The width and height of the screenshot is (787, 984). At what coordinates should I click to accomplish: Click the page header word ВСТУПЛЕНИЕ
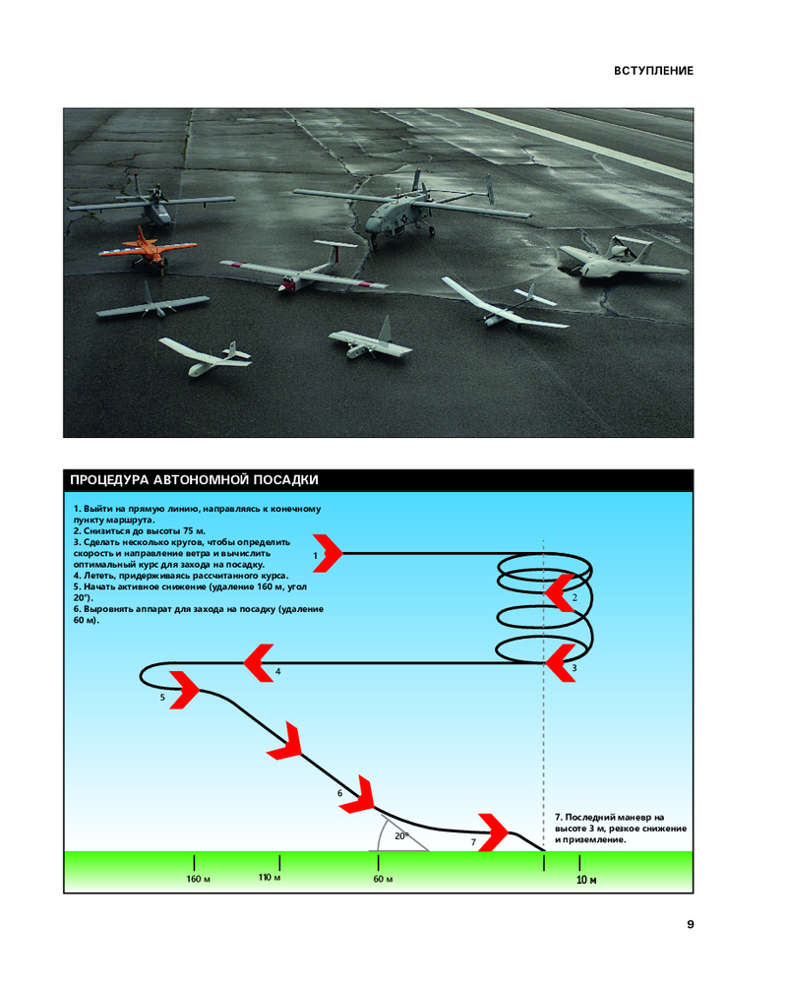[x=653, y=71]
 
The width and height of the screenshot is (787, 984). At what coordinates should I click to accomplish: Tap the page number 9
[x=690, y=924]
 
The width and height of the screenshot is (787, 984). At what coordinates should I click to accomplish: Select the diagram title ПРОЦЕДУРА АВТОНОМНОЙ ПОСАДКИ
[x=193, y=480]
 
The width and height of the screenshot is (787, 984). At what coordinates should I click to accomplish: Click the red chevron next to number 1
[x=328, y=554]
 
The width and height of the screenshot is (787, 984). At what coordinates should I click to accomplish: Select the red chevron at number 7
[x=492, y=830]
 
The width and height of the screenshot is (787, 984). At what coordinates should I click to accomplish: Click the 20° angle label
[x=400, y=835]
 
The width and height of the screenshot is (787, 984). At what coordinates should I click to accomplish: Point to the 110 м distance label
[x=270, y=876]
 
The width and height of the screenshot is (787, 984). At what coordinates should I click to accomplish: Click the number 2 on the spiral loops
[x=575, y=597]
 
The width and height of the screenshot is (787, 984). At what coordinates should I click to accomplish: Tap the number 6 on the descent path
[x=339, y=793]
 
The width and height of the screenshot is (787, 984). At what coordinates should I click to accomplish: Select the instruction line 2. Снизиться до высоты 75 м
[x=139, y=530]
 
